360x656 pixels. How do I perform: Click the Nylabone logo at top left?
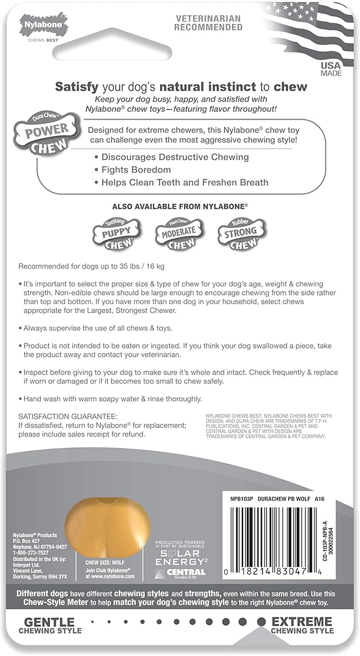43,24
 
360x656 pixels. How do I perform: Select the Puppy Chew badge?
115,232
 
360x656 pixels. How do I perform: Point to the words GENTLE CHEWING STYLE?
50,625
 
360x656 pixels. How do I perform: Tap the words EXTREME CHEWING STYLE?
302,625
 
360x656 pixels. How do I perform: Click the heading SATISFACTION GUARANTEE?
68,416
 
